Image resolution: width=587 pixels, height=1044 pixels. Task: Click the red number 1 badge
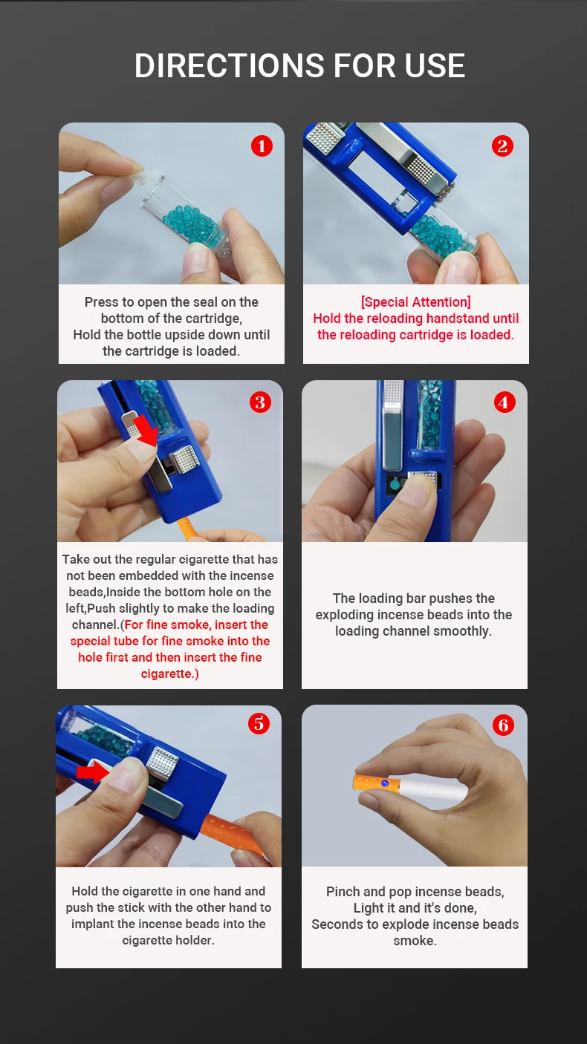coord(262,146)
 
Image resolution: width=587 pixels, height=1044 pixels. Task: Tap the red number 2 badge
coord(502,146)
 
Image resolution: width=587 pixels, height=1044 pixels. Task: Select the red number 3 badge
coord(260,402)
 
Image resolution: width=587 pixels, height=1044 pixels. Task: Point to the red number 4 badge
coord(505,402)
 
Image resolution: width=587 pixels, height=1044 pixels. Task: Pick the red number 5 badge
coord(259,724)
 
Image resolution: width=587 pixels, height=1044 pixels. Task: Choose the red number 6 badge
coord(503,725)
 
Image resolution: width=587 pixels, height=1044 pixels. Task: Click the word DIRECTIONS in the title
coord(230,65)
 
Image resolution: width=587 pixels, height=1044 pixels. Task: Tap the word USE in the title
coord(435,65)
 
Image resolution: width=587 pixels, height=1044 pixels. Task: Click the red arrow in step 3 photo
coord(146,431)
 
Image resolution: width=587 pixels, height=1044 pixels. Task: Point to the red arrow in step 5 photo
coord(93,772)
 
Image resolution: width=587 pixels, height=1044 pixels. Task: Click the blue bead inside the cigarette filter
coord(385,783)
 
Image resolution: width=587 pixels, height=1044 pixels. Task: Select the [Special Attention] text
coord(415,302)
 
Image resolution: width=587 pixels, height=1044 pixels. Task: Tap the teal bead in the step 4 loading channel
coord(395,485)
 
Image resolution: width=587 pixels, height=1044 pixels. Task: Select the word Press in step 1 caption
coord(102,302)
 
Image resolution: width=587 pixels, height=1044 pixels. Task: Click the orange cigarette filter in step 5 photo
coord(233,837)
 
